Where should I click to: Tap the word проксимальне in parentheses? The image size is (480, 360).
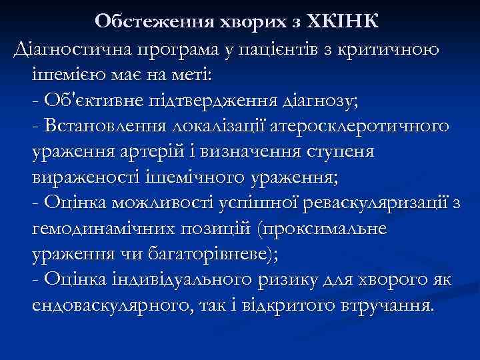point(324,229)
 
